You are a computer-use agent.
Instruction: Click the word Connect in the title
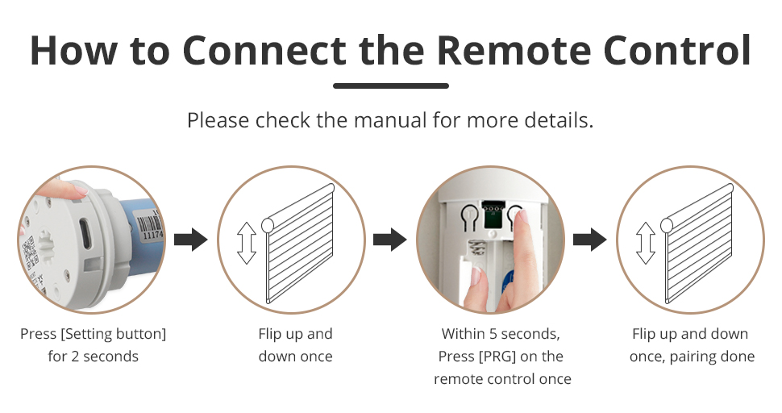click(x=264, y=50)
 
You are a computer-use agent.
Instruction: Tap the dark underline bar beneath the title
click(x=391, y=86)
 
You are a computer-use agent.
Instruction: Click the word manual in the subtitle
click(x=390, y=120)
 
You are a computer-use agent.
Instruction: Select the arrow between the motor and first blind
click(x=190, y=240)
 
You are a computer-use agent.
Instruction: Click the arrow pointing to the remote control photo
click(x=390, y=240)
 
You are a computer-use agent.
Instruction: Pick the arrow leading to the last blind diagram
click(x=589, y=240)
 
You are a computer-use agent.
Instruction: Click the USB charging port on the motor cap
click(x=85, y=233)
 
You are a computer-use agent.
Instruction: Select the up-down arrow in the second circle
click(x=247, y=243)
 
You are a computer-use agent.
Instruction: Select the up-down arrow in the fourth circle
click(x=645, y=243)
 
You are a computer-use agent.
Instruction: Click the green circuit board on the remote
click(x=493, y=214)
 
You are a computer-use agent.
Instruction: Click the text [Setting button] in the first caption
click(x=113, y=334)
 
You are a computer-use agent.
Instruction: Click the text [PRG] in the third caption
click(x=497, y=357)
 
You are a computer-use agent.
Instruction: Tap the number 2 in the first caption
click(x=75, y=357)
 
